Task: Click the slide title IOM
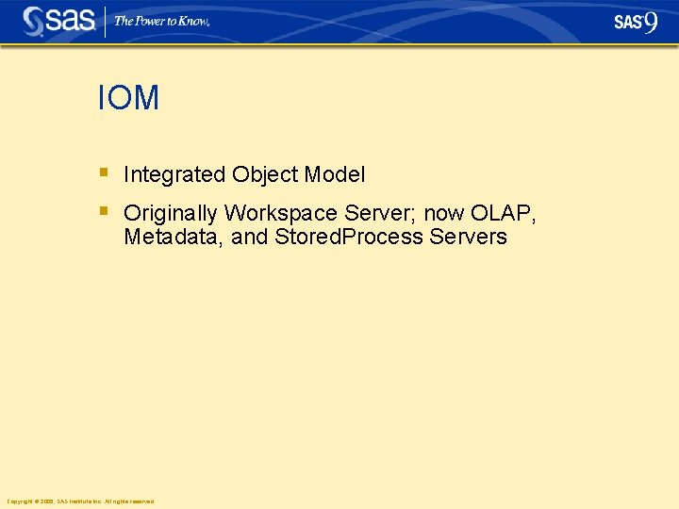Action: click(128, 98)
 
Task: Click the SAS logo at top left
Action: click(58, 21)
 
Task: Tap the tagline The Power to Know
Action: click(161, 21)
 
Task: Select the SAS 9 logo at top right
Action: click(636, 22)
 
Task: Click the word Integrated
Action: click(174, 174)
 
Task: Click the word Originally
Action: click(171, 213)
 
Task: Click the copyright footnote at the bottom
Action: click(80, 501)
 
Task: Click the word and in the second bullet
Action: click(250, 237)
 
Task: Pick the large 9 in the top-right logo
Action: click(651, 22)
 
